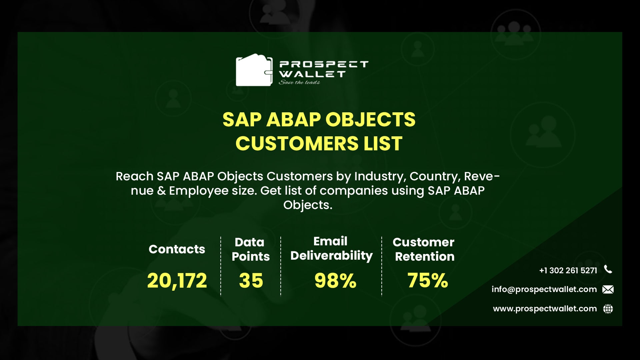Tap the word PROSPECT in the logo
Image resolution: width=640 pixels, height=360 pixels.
323,64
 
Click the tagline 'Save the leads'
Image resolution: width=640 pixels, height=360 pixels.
299,82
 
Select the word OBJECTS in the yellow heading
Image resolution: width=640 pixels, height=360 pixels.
370,119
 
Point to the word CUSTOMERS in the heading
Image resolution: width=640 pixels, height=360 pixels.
296,144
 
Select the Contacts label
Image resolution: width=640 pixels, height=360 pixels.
177,249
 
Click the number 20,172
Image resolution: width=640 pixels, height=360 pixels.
177,280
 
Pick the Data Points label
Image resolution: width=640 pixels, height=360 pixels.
250,249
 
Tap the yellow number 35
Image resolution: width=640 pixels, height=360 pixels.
251,280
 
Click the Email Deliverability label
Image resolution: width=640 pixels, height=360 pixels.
331,248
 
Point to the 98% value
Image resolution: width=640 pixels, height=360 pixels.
335,280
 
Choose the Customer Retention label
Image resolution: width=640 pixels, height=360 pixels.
424,249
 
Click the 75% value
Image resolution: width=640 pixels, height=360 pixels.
428,280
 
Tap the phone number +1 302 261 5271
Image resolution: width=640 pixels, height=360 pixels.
568,270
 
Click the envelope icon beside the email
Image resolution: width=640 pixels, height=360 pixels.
608,289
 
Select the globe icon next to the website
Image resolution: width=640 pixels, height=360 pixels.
608,309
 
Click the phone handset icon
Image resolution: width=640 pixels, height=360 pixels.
608,269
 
